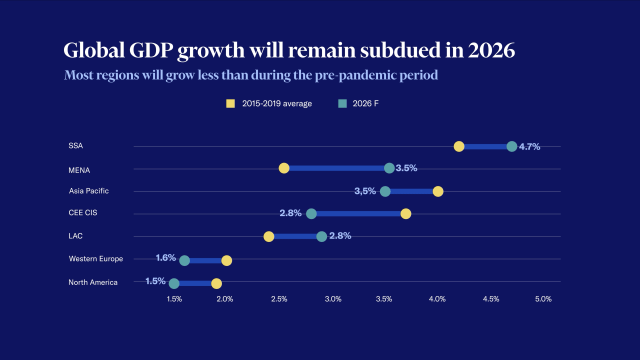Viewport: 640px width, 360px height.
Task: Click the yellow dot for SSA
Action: pos(459,146)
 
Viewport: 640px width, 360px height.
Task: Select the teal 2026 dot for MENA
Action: pos(389,168)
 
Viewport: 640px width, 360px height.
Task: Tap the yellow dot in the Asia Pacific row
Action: pos(438,191)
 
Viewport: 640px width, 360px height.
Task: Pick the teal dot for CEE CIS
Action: pos(311,213)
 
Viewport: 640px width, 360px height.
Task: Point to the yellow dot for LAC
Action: pos(269,236)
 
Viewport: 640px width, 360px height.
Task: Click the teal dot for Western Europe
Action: pos(184,260)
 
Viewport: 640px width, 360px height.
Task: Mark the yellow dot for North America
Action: pos(216,283)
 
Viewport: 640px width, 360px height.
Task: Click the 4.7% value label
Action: pos(529,147)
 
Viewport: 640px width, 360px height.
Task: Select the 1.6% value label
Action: pos(165,258)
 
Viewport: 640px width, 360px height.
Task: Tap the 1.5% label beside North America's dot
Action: pos(155,281)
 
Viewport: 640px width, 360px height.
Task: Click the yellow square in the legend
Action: pos(230,103)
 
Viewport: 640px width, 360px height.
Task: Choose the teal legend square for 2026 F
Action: pos(342,103)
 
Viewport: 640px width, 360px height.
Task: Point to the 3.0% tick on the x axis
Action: pos(333,299)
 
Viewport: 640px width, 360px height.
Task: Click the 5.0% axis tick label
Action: pos(543,299)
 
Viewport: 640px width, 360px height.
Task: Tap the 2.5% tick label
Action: pos(279,299)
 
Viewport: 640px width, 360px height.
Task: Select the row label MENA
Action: pos(79,170)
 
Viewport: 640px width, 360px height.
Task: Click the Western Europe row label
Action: pos(95,258)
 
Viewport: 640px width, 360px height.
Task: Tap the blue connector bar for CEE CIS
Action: pos(358,213)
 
